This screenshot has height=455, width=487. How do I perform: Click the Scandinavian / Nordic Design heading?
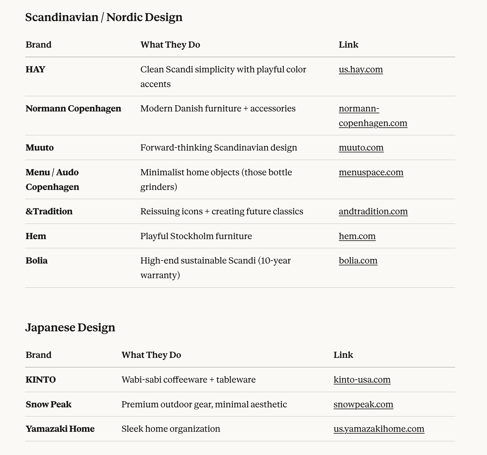104,17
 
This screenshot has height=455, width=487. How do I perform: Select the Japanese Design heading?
70,327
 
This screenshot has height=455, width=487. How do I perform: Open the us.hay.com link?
361,70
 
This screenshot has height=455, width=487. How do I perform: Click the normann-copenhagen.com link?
373,116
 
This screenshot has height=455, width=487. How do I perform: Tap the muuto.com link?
361,148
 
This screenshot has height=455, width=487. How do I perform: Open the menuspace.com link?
371,173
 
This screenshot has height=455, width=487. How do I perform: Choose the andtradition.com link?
373,212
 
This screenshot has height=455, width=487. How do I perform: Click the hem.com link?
357,236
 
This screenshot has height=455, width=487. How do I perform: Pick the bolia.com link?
358,261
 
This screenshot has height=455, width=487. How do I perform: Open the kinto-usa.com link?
362,380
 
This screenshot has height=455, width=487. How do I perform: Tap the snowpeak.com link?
363,405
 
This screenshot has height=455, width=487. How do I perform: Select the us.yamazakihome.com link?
379,429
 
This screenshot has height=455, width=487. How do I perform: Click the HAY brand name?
35,70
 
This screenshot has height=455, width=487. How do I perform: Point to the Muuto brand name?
40,148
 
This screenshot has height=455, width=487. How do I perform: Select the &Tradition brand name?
49,212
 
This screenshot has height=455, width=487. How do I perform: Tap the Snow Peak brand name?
49,405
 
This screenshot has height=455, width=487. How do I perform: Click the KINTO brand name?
41,380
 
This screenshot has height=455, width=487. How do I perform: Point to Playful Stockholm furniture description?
196,236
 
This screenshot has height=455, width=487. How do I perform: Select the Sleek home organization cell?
170,429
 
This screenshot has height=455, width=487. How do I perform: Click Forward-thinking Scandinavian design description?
218,148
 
